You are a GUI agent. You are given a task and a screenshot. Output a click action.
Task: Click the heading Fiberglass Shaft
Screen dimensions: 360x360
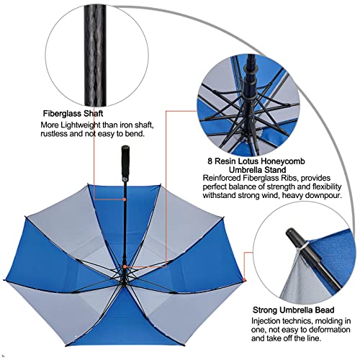pos(72,113)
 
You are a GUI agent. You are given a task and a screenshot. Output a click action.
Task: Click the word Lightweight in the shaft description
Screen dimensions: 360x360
pos(86,125)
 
